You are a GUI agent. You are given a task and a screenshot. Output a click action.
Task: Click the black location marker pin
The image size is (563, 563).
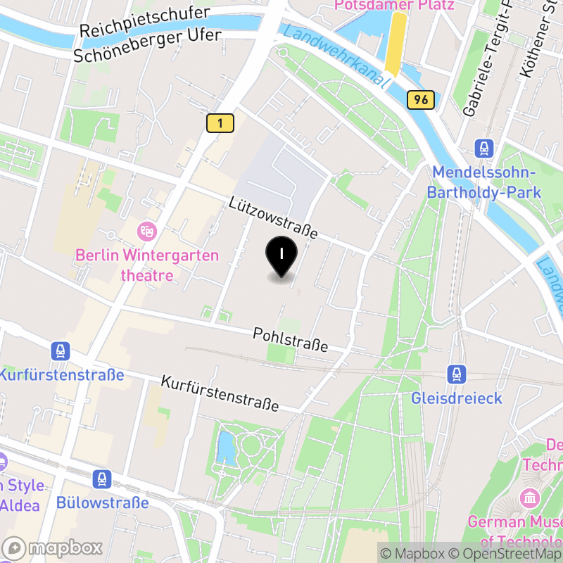point(281,256)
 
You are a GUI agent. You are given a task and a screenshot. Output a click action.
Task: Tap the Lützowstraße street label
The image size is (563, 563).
point(273,217)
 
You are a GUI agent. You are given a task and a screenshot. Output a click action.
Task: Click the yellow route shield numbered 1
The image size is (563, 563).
point(220,123)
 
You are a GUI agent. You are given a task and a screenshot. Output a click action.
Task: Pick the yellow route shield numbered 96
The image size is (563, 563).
point(421,100)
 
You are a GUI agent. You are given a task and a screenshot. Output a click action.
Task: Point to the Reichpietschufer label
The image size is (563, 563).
point(144,23)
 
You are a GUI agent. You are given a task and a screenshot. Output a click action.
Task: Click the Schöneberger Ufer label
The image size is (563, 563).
point(148,45)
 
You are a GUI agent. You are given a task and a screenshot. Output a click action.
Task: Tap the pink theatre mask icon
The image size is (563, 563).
point(147,229)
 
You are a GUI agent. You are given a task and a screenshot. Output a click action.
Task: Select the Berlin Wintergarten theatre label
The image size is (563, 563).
point(147,265)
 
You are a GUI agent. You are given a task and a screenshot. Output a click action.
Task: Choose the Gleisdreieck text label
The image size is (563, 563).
point(457,398)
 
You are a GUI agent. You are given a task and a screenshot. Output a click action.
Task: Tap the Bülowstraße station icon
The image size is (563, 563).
point(103,480)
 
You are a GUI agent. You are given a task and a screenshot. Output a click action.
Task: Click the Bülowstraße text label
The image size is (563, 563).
point(103,502)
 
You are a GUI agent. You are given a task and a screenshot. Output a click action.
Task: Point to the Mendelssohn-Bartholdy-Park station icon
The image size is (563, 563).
point(484,148)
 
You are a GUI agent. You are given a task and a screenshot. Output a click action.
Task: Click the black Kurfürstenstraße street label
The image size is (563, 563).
point(220,393)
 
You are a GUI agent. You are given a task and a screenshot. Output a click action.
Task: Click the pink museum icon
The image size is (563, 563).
point(529,498)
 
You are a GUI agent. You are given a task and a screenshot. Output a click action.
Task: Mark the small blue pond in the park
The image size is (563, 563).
point(227,448)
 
